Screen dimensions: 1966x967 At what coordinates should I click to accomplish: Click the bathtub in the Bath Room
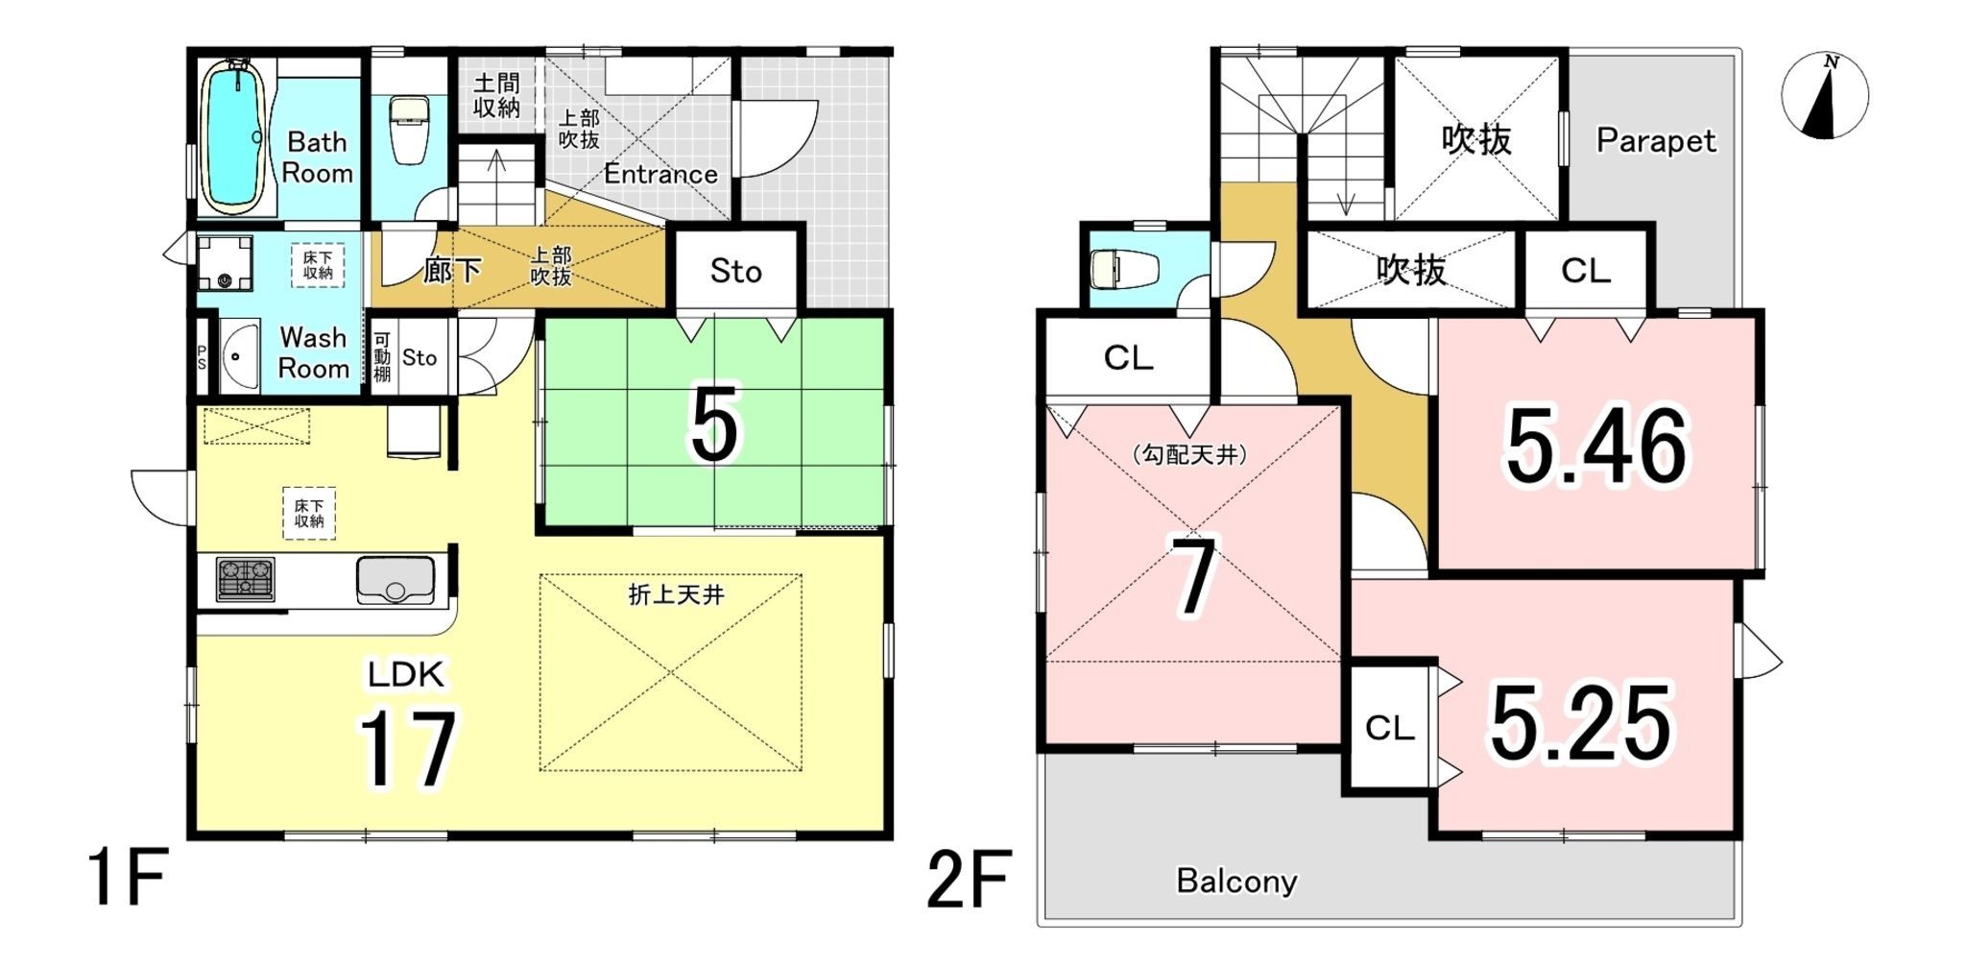(x=232, y=136)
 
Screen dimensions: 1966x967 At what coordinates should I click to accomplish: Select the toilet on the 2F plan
(x=1124, y=269)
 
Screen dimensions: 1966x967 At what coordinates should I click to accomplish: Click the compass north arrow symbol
(x=1824, y=96)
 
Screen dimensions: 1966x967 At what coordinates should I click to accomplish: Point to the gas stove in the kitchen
(x=246, y=579)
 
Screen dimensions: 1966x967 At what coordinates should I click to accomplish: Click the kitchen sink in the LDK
(x=395, y=579)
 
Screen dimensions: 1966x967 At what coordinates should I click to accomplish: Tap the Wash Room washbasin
(x=239, y=355)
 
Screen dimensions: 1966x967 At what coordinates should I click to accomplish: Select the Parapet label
(x=1655, y=141)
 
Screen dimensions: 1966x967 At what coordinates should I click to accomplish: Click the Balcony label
(x=1236, y=881)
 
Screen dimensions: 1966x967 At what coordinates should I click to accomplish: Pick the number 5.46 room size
(x=1595, y=447)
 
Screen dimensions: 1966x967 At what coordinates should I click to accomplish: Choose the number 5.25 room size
(x=1580, y=722)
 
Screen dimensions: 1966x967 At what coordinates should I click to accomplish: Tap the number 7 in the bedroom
(x=1193, y=576)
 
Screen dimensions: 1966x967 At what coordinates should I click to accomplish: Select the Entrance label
(x=660, y=174)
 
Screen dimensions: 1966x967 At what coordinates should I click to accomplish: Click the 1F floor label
(x=128, y=877)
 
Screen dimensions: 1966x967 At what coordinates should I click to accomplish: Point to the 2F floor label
(x=969, y=879)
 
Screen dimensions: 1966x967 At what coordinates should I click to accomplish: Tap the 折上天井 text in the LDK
(x=676, y=595)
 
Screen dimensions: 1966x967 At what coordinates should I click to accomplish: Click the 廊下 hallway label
(x=451, y=270)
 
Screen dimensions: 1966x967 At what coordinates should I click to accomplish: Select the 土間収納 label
(x=496, y=96)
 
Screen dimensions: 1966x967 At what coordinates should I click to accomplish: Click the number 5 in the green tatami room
(x=714, y=424)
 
